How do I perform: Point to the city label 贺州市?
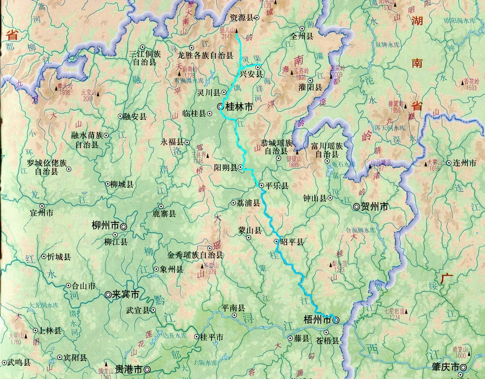coord(375,207)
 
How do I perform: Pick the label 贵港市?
coord(128,369)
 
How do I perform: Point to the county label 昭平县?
coord(293,242)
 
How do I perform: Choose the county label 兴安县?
coord(251,74)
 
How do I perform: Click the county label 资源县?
coord(241,17)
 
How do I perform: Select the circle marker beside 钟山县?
coord(330,197)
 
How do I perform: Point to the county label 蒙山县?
coord(250,231)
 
